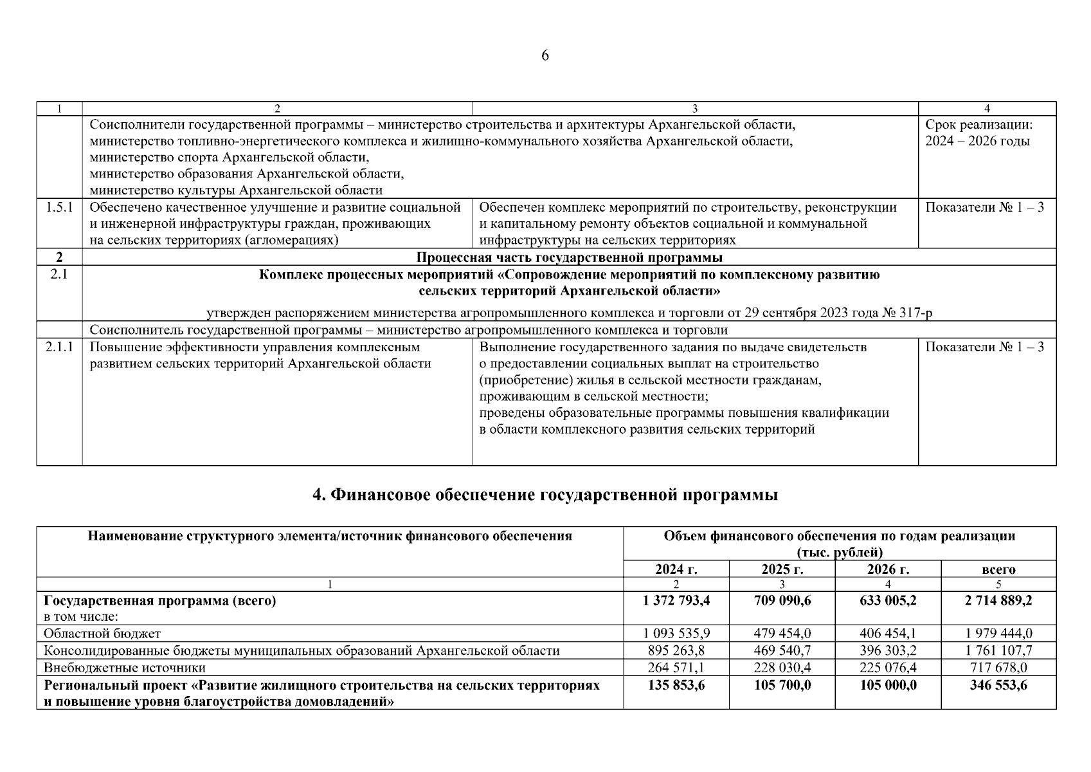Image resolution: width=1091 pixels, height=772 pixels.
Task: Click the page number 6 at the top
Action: click(x=545, y=56)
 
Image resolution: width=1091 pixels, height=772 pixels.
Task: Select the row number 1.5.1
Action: click(x=59, y=207)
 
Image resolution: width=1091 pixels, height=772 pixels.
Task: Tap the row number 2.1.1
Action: click(x=59, y=347)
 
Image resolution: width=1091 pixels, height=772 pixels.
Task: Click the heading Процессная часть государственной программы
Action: click(x=569, y=258)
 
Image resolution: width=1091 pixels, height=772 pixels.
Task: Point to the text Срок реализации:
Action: click(x=978, y=125)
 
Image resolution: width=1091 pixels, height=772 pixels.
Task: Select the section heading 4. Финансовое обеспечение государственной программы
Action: click(x=545, y=495)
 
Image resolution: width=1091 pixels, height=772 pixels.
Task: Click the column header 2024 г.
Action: click(x=676, y=569)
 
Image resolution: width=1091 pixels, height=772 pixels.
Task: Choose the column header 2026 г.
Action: click(x=888, y=569)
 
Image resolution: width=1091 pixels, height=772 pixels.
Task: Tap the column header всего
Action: click(x=998, y=569)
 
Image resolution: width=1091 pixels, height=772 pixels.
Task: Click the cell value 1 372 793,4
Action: click(x=676, y=600)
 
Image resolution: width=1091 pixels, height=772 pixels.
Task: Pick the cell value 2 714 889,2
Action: click(x=998, y=600)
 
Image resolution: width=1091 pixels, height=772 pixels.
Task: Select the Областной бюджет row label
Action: click(x=102, y=634)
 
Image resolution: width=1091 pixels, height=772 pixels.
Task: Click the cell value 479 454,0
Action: click(x=782, y=634)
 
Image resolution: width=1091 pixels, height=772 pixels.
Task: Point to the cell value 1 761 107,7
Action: click(x=998, y=650)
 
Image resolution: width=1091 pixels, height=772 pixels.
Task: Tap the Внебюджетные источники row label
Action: click(x=125, y=667)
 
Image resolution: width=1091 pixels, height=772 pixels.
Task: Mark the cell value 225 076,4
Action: click(x=888, y=667)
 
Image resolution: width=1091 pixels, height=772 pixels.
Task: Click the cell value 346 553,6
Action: click(x=998, y=685)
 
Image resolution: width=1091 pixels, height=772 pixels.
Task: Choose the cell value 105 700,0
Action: click(x=782, y=685)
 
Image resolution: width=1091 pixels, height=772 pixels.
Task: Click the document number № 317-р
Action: click(x=907, y=313)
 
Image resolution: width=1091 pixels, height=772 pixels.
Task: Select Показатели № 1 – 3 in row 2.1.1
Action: click(x=984, y=347)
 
